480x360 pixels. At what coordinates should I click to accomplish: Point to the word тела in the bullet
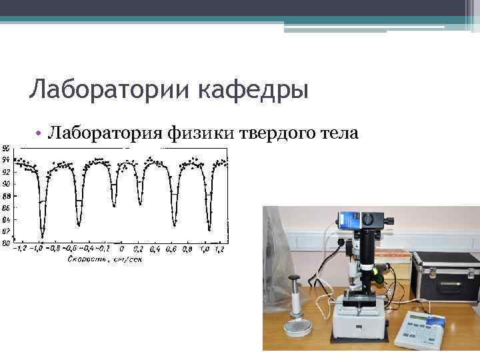(340, 134)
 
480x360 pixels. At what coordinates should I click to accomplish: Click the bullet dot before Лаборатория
(41, 135)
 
